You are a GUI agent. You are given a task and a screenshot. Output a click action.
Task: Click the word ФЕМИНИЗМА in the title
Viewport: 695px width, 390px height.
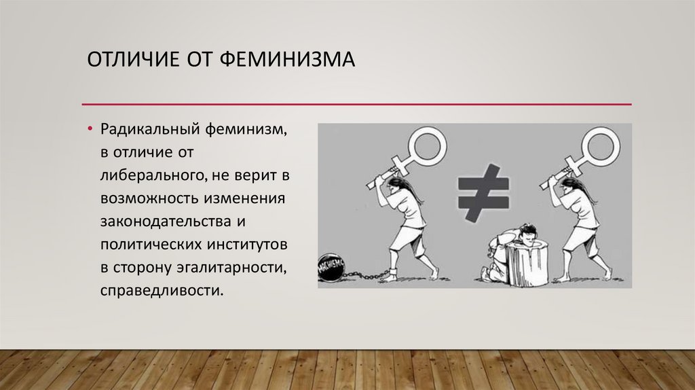(x=287, y=59)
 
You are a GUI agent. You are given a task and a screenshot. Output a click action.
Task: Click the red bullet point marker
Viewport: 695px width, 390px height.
(x=90, y=129)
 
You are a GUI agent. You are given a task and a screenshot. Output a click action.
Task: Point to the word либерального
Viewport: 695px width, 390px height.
(x=153, y=175)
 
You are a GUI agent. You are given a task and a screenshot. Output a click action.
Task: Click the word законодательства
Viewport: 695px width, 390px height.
(x=166, y=221)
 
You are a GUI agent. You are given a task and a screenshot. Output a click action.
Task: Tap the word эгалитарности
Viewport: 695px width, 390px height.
(x=231, y=268)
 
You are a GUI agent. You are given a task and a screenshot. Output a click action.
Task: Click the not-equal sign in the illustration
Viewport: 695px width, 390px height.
(x=483, y=193)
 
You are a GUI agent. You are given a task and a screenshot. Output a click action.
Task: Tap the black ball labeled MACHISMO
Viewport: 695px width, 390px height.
(x=332, y=268)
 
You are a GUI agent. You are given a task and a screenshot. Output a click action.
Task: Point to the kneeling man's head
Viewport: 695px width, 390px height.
(x=526, y=234)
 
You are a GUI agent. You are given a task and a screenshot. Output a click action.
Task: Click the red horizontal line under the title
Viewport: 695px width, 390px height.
(x=357, y=105)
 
